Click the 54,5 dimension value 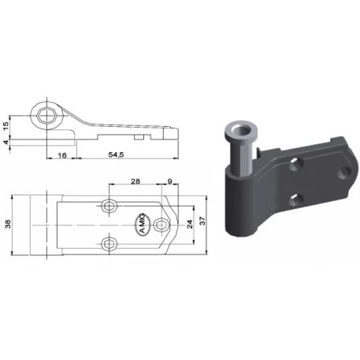pyautogui.click(x=116, y=155)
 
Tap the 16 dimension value pyautogui.click(x=62, y=155)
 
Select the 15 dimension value pyautogui.click(x=6, y=124)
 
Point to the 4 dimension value pyautogui.click(x=6, y=142)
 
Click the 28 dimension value pyautogui.click(x=135, y=181)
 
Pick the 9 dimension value pyautogui.click(x=169, y=181)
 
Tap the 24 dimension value pyautogui.click(x=190, y=224)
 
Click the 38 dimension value pyautogui.click(x=8, y=224)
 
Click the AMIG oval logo pyautogui.click(x=143, y=224)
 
